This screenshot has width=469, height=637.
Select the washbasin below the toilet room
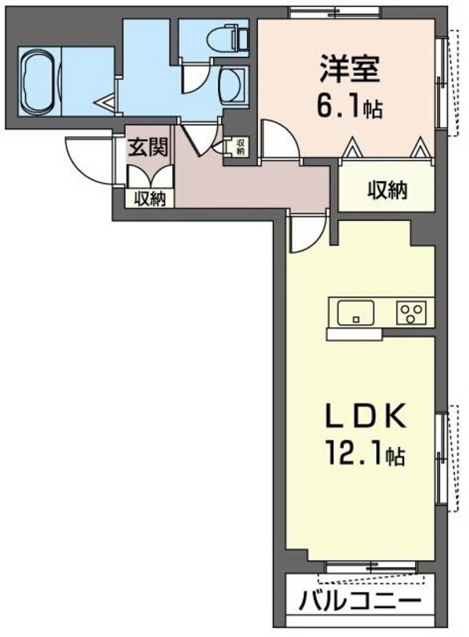[231, 84]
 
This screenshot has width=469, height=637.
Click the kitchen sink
[356, 313]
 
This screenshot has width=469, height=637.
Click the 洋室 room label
[349, 70]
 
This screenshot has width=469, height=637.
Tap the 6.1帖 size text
[350, 108]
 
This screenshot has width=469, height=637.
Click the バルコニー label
[360, 603]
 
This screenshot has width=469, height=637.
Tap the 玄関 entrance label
[145, 147]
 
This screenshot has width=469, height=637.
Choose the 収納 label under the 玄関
[149, 199]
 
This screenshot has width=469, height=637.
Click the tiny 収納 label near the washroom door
[241, 146]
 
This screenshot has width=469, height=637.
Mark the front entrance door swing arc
[82, 160]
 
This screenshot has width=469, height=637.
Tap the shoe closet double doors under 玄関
[149, 177]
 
